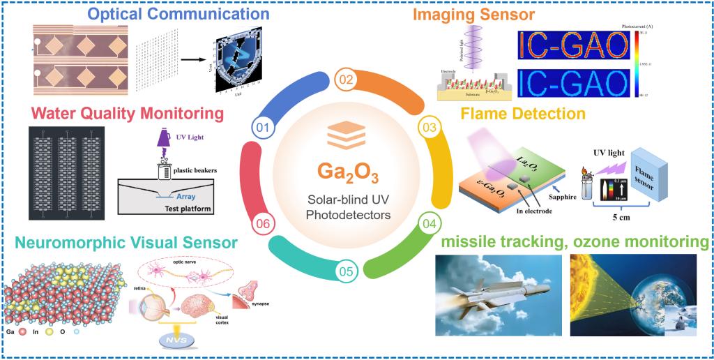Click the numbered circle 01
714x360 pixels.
[x=262, y=127]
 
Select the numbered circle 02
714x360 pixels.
[x=344, y=79]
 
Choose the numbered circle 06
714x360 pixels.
[x=262, y=224]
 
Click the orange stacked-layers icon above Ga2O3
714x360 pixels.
[x=345, y=134]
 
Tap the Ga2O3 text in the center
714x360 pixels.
[x=345, y=169]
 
